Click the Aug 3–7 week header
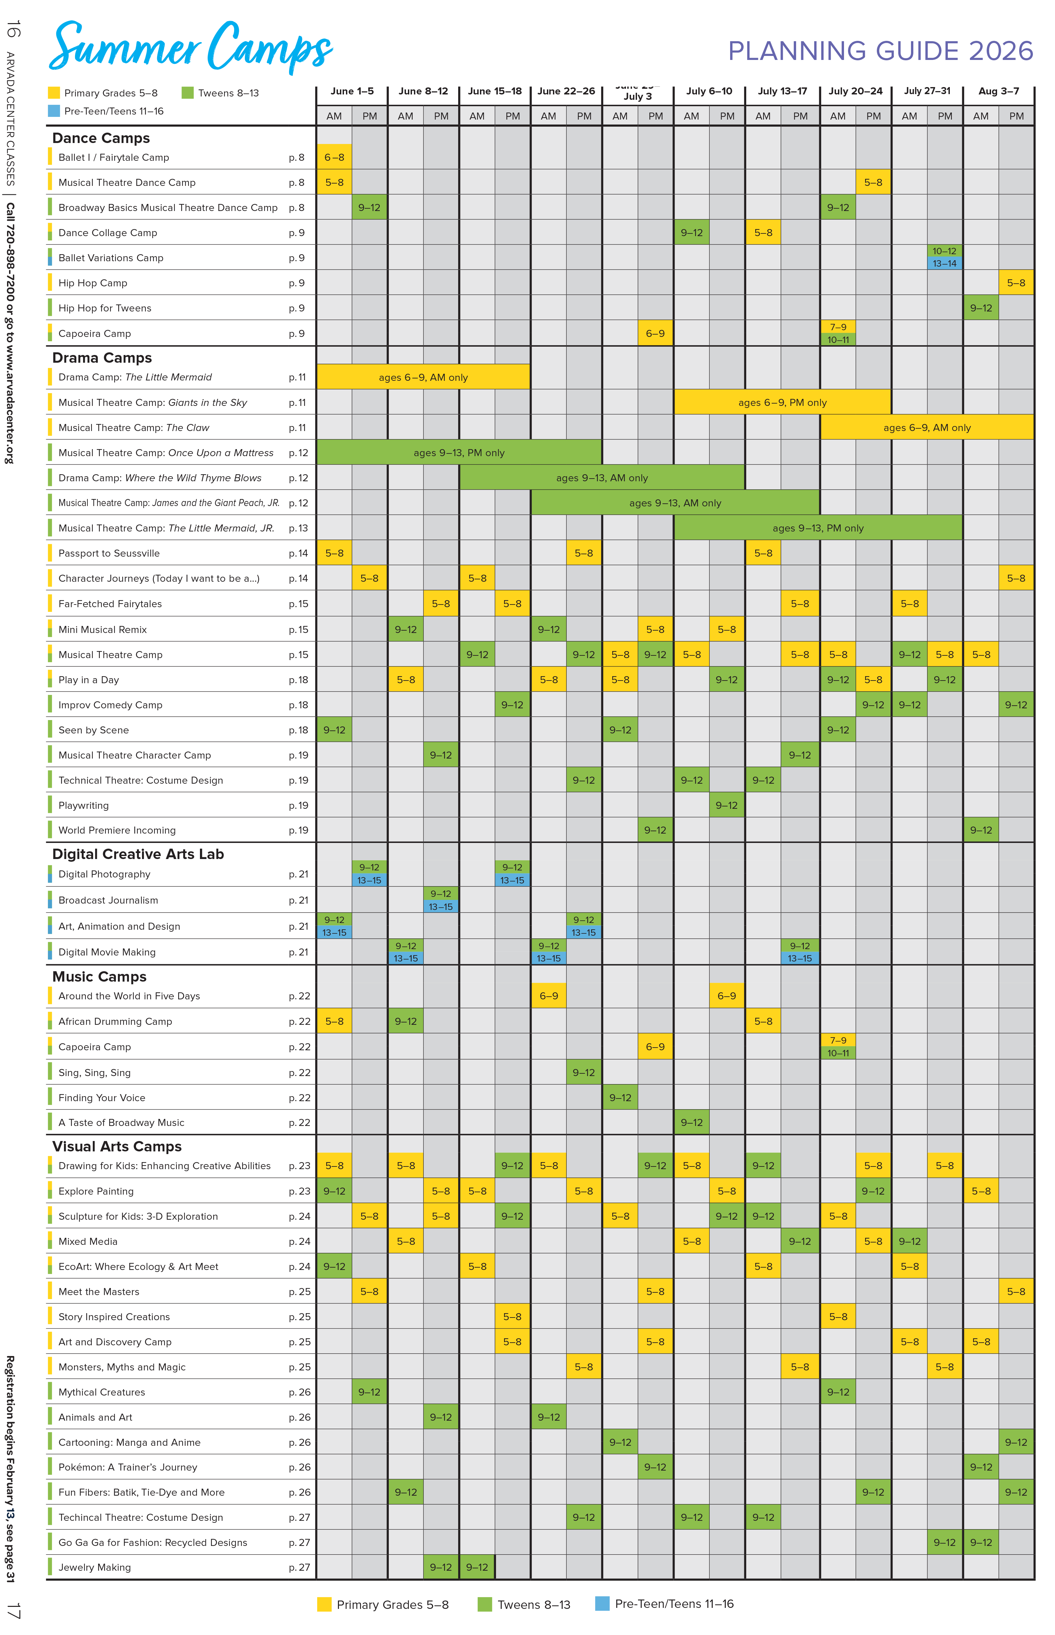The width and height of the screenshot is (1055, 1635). pyautogui.click(x=998, y=91)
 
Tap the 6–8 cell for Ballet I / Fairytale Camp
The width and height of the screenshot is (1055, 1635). pyautogui.click(x=334, y=157)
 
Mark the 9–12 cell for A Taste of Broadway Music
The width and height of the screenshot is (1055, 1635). pyautogui.click(x=691, y=1122)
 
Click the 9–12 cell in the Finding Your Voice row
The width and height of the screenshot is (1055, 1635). pyautogui.click(x=620, y=1097)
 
